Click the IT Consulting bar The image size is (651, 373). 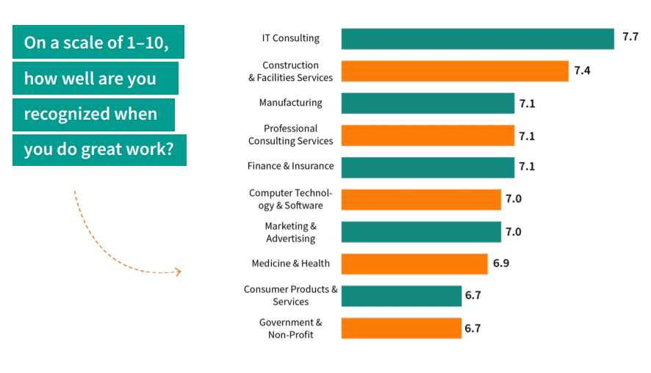pyautogui.click(x=478, y=39)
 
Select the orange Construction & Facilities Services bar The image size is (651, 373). pyautogui.click(x=455, y=71)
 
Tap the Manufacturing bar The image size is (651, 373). pyautogui.click(x=428, y=104)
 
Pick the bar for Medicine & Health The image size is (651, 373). pyautogui.click(x=414, y=264)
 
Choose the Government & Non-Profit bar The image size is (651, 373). pyautogui.click(x=401, y=328)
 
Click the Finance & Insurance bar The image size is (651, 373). pyautogui.click(x=428, y=167)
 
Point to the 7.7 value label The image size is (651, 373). pyautogui.click(x=630, y=37)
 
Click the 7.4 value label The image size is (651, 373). pyautogui.click(x=583, y=70)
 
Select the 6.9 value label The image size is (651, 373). pyautogui.click(x=501, y=263)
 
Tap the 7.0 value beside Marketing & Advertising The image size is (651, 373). pyautogui.click(x=513, y=232)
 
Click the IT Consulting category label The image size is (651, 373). pyautogui.click(x=291, y=38)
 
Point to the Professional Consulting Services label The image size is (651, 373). pyautogui.click(x=290, y=135)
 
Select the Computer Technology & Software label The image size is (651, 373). pyautogui.click(x=290, y=199)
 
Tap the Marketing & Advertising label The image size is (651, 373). pyautogui.click(x=291, y=232)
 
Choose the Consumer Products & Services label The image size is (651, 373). pyautogui.click(x=291, y=296)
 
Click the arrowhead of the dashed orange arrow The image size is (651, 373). pyautogui.click(x=176, y=272)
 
